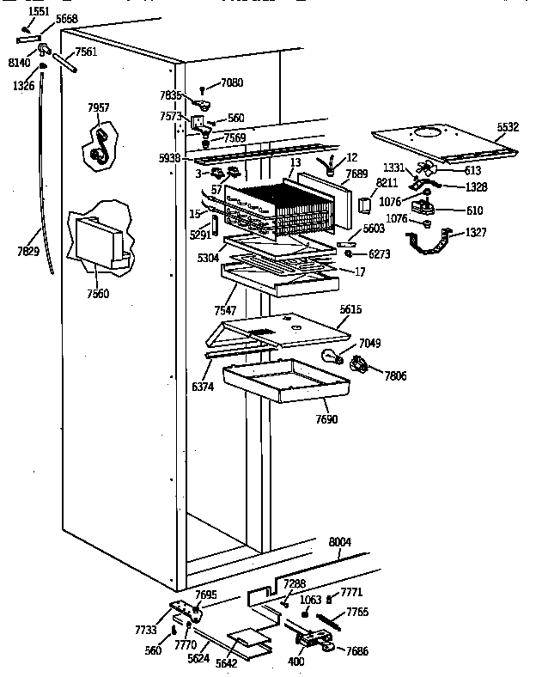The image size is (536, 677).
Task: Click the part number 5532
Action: pyautogui.click(x=508, y=127)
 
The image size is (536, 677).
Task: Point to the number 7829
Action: pyautogui.click(x=29, y=251)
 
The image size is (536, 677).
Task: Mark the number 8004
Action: pyautogui.click(x=341, y=542)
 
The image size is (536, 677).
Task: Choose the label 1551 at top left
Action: pyautogui.click(x=39, y=11)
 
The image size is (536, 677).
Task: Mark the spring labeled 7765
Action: pyautogui.click(x=331, y=620)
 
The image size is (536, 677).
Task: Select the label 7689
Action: pyautogui.click(x=356, y=173)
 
